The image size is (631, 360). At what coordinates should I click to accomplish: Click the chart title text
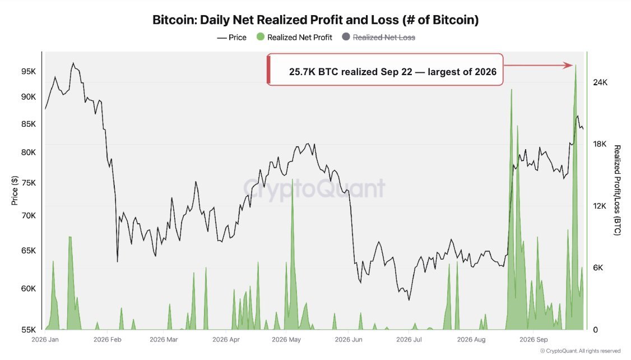click(315, 20)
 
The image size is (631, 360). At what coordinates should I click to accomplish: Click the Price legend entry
click(232, 38)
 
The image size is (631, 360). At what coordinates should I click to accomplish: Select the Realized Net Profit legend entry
click(294, 38)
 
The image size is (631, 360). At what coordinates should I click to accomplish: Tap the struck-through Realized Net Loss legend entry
click(378, 38)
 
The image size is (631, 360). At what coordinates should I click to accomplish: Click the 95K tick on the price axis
click(28, 71)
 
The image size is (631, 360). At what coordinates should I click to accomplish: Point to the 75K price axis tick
click(28, 183)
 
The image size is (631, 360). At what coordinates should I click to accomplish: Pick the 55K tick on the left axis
click(28, 330)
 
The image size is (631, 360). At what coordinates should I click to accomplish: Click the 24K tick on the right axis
click(600, 82)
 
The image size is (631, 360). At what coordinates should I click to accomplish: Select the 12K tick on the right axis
click(600, 206)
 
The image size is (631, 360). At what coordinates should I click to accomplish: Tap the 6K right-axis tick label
click(598, 268)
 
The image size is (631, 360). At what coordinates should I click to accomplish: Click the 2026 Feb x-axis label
click(108, 339)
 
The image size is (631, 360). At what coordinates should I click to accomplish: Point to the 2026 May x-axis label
click(286, 339)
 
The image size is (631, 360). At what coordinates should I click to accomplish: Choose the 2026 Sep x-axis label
click(533, 339)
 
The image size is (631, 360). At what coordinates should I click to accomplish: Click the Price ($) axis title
click(15, 191)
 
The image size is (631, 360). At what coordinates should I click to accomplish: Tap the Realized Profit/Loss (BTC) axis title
click(617, 191)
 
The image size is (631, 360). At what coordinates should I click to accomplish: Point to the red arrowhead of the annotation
click(568, 65)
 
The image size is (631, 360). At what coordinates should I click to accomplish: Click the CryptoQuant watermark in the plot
click(314, 188)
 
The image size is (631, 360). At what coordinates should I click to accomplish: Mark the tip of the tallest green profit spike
click(576, 64)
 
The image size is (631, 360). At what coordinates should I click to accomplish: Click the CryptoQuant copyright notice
click(581, 351)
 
